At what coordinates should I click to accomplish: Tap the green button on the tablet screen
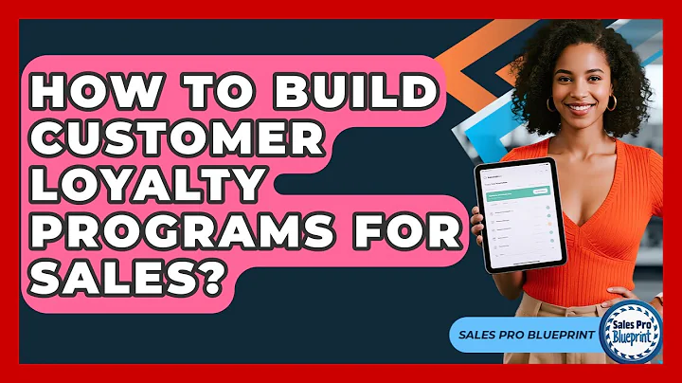coord(541,191)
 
